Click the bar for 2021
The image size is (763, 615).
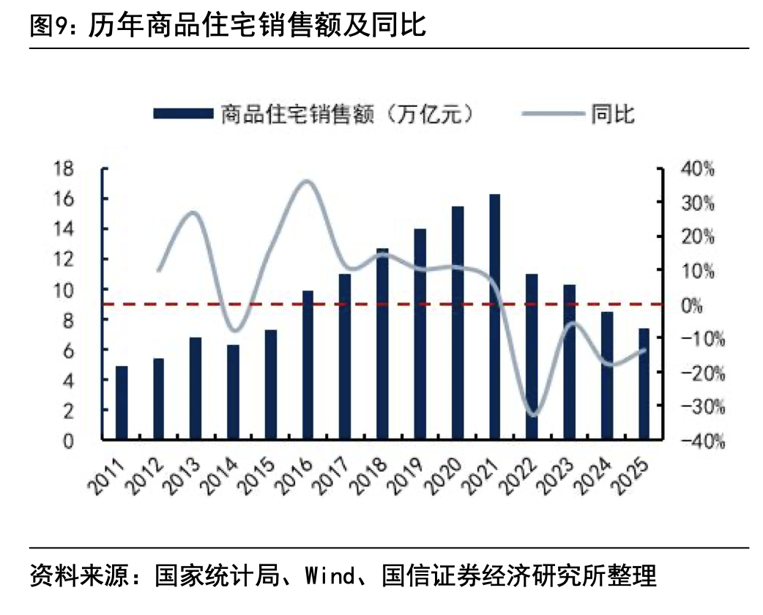tap(495, 317)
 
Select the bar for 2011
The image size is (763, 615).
tap(122, 403)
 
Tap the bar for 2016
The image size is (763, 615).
tap(308, 365)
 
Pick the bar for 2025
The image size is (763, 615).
tap(644, 384)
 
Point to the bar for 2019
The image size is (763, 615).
tap(420, 335)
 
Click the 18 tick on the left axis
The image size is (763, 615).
tap(64, 169)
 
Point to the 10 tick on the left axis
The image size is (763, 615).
tap(64, 290)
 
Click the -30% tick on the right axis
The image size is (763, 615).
tap(702, 407)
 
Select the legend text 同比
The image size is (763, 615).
tap(613, 113)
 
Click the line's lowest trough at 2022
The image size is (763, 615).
tap(533, 415)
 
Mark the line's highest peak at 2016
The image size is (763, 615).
tap(308, 181)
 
